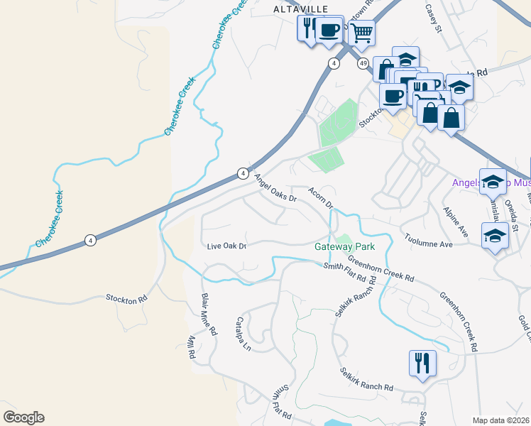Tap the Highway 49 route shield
point(363,64)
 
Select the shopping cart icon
point(362,32)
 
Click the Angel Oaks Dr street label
point(274,189)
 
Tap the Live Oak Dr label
point(226,246)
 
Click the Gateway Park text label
point(344,247)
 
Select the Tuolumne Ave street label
point(428,240)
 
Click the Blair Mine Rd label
point(208,315)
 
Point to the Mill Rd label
point(191,348)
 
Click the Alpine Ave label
point(455,223)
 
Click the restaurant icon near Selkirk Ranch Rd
point(422,363)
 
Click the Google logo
point(23,417)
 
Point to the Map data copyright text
point(500,420)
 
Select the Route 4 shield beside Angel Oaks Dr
point(243,173)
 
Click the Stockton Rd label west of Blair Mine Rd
point(126,298)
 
